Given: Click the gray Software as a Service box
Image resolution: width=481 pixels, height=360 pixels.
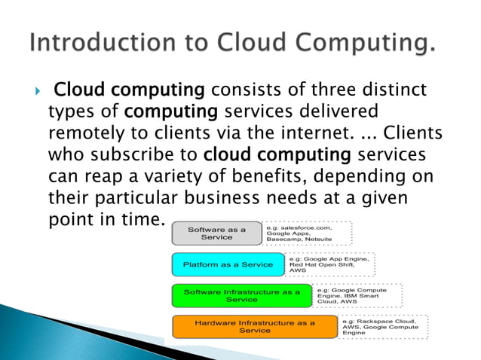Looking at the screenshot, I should coord(216,233).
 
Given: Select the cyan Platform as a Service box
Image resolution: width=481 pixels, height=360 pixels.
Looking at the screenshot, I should coord(227,264).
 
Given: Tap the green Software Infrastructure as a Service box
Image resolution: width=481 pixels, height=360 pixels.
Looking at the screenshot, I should coord(241,295).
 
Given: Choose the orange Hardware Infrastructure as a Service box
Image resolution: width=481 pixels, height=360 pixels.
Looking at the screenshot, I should coord(254,327).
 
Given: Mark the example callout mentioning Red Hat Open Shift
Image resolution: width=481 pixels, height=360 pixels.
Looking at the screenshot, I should coord(329,264).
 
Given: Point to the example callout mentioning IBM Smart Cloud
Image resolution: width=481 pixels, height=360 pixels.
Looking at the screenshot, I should coord(356,295).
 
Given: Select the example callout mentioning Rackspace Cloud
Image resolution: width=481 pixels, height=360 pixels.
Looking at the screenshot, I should coord(383,327).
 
